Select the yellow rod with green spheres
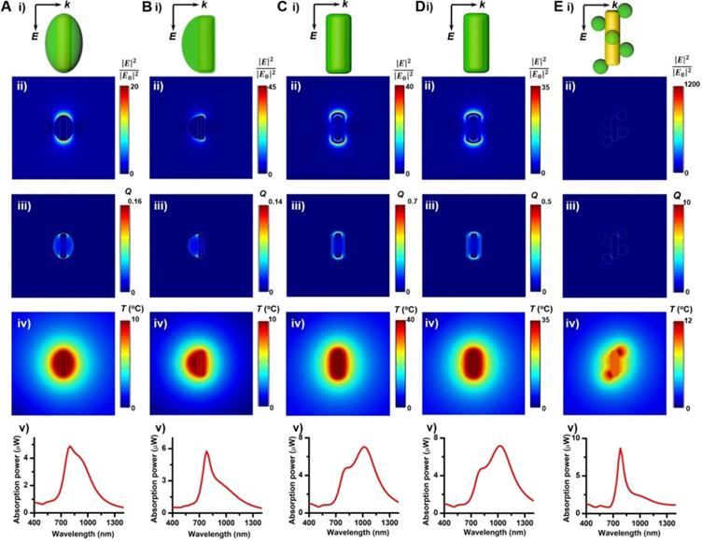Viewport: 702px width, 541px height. tap(612, 42)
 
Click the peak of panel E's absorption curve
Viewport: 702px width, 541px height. tap(620, 450)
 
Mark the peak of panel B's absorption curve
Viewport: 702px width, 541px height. tap(206, 452)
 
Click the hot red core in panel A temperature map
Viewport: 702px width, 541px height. tap(63, 360)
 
